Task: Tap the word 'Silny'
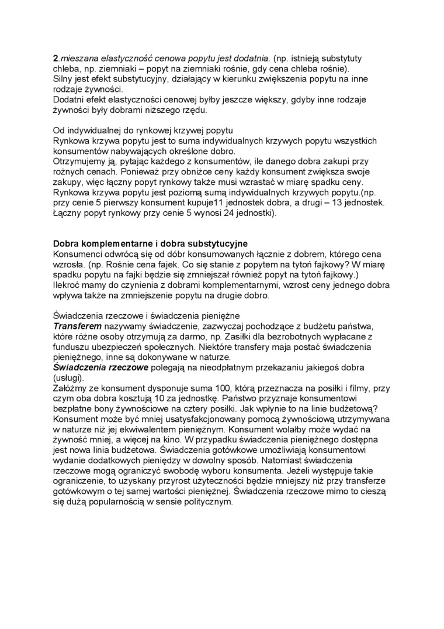64,78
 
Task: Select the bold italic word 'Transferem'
78,326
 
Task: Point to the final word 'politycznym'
206,501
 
